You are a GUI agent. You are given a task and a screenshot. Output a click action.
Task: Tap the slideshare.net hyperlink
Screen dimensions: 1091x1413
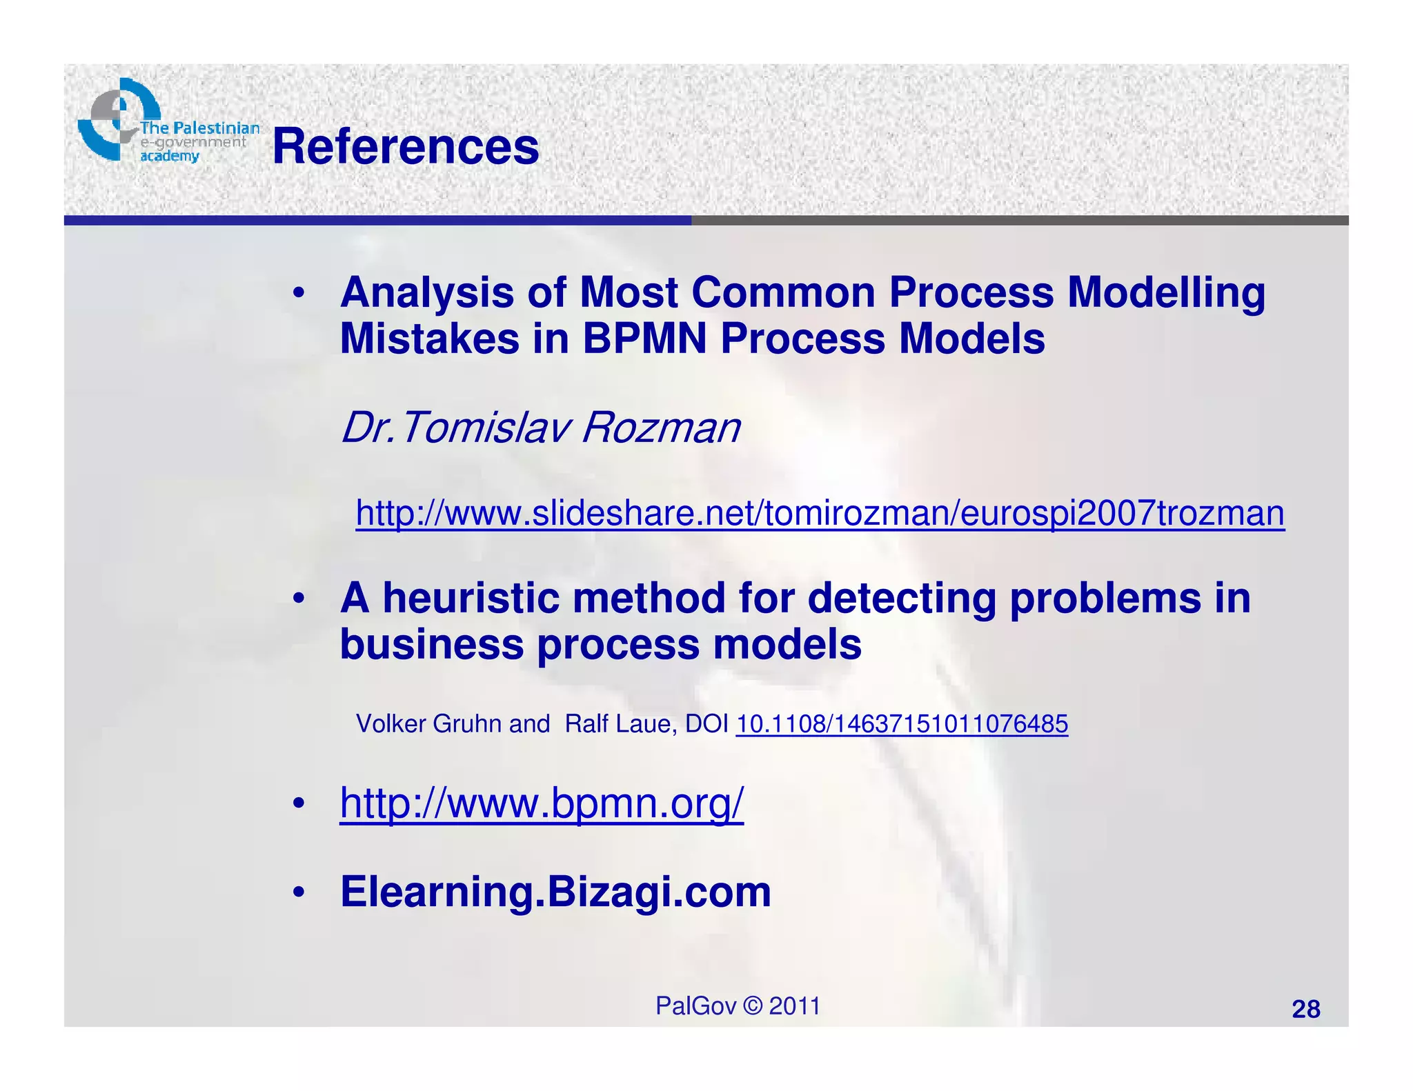coord(820,513)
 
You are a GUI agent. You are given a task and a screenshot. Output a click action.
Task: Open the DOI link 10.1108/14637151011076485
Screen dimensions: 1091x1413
coord(902,724)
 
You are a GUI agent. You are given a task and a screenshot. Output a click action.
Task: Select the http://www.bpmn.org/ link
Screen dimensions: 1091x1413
coord(542,803)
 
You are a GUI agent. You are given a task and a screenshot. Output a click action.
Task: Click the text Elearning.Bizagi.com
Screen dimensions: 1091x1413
coord(555,891)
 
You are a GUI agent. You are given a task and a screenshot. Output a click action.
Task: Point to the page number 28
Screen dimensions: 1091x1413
coord(1305,1009)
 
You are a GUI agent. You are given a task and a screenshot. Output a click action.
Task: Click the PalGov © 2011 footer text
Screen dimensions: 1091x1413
coord(738,1006)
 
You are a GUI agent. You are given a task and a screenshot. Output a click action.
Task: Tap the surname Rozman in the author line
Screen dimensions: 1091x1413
coord(661,428)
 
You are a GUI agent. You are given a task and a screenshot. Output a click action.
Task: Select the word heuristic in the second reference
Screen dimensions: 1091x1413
coord(477,598)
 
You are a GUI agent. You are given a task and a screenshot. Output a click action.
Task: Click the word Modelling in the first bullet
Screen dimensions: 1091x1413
coord(1166,293)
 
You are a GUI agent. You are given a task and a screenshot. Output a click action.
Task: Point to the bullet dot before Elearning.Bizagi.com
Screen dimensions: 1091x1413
coord(298,892)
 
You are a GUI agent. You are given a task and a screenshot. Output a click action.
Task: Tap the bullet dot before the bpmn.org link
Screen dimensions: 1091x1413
coord(298,804)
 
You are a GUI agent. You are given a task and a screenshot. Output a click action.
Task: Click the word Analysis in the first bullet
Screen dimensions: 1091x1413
coord(426,293)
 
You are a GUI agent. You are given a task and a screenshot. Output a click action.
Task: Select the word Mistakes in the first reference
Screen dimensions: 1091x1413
coord(429,339)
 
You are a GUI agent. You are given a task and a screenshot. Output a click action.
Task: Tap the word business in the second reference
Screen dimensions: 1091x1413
coord(432,645)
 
